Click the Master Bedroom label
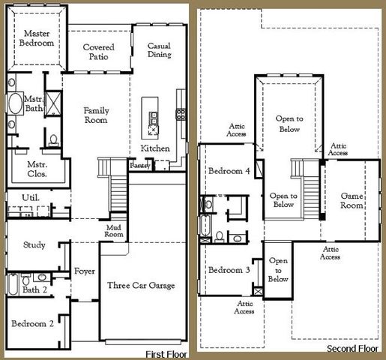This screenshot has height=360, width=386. (x=38, y=38)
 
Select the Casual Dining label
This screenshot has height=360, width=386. (x=158, y=50)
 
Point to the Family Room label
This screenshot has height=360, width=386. (x=96, y=115)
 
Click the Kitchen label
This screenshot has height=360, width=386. (x=155, y=148)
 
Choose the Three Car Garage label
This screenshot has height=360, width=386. (x=141, y=285)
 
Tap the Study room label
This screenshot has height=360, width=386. (x=34, y=245)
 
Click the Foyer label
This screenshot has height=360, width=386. (x=84, y=271)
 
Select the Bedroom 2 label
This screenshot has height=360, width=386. (x=32, y=324)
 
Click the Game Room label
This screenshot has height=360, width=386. (x=352, y=200)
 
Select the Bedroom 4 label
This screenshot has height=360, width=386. (x=229, y=171)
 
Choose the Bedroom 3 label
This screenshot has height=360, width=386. (x=229, y=270)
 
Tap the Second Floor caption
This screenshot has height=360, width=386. (x=353, y=349)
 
